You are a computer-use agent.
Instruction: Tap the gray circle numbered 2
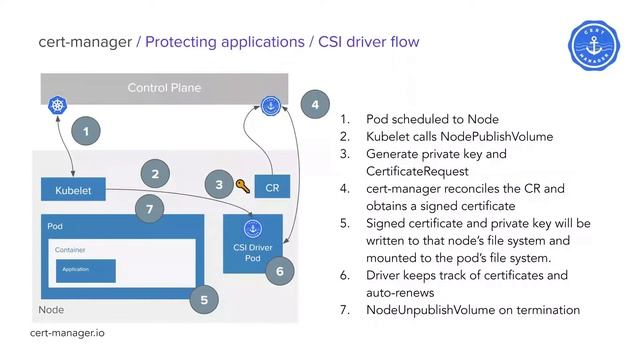click(155, 174)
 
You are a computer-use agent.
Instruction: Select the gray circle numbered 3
click(219, 184)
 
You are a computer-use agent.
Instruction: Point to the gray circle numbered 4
click(315, 105)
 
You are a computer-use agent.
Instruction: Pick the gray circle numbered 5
click(205, 297)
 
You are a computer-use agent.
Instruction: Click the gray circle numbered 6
click(280, 271)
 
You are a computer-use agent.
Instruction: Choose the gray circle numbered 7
click(149, 209)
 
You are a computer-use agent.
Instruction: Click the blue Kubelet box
click(73, 190)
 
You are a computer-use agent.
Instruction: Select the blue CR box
click(271, 187)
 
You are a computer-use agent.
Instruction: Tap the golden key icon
click(243, 186)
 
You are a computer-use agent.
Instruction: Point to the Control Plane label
click(164, 88)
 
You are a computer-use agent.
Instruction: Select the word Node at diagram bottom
click(51, 310)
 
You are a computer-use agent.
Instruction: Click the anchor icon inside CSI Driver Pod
click(252, 229)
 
